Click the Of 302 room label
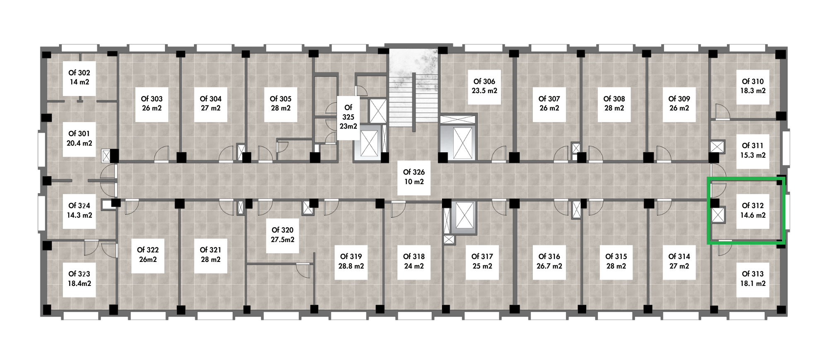click(x=79, y=77)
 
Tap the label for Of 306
click(x=484, y=86)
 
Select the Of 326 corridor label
click(x=414, y=177)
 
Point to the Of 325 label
click(x=348, y=117)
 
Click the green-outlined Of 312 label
click(x=753, y=211)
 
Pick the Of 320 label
click(x=283, y=235)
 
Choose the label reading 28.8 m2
click(x=351, y=266)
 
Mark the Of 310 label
click(x=753, y=86)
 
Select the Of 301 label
click(x=79, y=139)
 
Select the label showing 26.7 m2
click(x=549, y=266)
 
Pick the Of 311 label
click(x=753, y=151)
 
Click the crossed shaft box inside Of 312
click(x=718, y=215)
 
